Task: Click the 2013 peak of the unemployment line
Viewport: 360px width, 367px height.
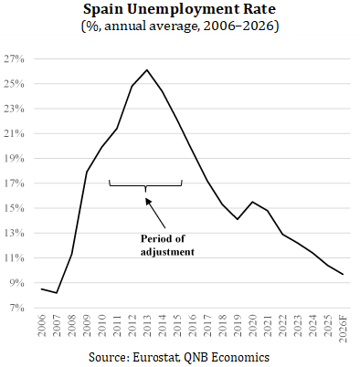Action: point(147,69)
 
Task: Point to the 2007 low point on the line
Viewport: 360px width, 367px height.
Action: point(57,293)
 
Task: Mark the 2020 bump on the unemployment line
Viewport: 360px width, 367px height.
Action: point(252,202)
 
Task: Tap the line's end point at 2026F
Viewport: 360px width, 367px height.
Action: point(344,274)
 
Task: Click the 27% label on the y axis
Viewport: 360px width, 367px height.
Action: point(14,59)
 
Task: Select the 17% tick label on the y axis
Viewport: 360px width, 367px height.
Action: point(14,183)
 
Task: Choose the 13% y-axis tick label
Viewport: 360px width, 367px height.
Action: point(14,233)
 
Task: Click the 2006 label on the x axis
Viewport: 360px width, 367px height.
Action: point(42,326)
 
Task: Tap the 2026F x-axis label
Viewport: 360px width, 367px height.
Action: point(344,328)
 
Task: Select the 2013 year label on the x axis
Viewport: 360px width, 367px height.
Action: point(147,326)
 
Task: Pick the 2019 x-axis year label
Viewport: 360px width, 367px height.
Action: point(238,326)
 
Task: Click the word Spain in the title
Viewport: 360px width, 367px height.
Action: point(103,10)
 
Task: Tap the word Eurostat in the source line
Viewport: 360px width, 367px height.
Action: point(156,357)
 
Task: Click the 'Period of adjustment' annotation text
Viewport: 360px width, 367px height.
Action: point(167,246)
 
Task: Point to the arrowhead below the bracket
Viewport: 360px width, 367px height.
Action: point(148,201)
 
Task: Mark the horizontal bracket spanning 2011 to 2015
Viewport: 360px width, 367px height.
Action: point(145,185)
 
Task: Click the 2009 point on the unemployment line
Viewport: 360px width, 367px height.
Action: point(87,172)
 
